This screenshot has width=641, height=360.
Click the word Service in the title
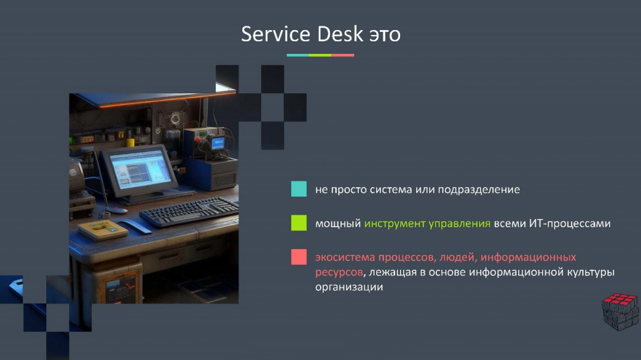[x=275, y=34]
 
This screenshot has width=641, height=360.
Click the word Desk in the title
[x=340, y=34]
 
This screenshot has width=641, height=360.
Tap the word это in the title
[x=385, y=35]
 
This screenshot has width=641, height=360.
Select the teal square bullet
[x=299, y=189]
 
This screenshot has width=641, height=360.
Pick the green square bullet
[x=299, y=223]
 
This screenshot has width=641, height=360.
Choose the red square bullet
[x=299, y=257]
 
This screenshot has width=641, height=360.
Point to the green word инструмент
[x=394, y=224]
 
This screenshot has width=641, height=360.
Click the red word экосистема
[x=345, y=257]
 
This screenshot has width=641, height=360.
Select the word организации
[x=349, y=287]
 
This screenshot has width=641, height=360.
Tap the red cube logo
[x=620, y=311]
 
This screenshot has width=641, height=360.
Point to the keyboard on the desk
[x=189, y=212]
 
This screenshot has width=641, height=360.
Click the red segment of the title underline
[x=342, y=55]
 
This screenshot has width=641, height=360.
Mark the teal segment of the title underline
[x=297, y=55]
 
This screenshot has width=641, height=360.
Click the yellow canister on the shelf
[x=130, y=141]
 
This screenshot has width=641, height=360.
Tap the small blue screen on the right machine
[x=218, y=143]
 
